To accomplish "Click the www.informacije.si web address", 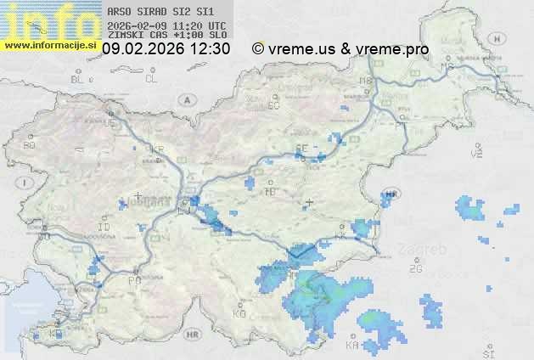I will pyautogui.click(x=50, y=45).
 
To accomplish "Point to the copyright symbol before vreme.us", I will pyautogui.click(x=257, y=49).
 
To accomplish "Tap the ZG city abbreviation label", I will pyautogui.click(x=415, y=269).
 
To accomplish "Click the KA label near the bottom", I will pyautogui.click(x=352, y=346).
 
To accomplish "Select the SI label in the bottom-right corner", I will pyautogui.click(x=487, y=352).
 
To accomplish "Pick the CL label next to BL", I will pyautogui.click(x=151, y=79).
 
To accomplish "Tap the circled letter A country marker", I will pyautogui.click(x=185, y=99).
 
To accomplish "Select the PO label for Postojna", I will pyautogui.click(x=133, y=280).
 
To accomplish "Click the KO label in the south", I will pyautogui.click(x=239, y=313).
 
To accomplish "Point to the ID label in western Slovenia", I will pyautogui.click(x=104, y=228).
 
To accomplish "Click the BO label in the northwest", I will pyautogui.click(x=30, y=145).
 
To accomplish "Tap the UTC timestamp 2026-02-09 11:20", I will pyautogui.click(x=166, y=25).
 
